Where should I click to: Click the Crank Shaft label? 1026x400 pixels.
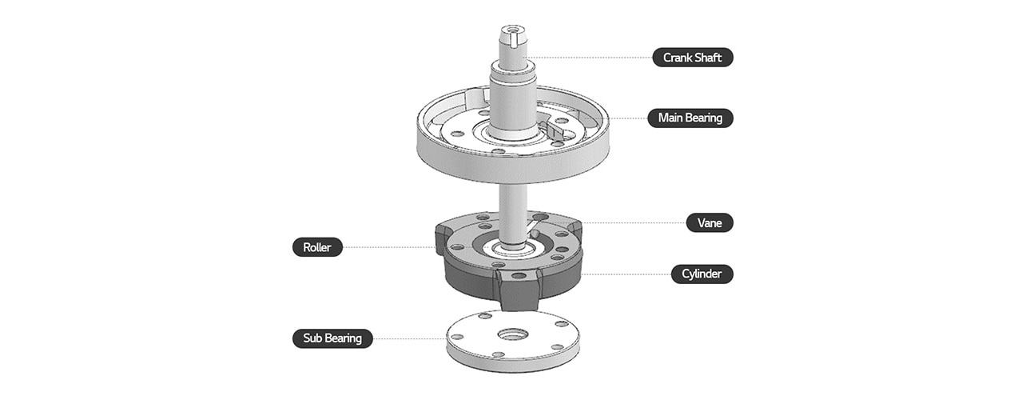pyautogui.click(x=692, y=58)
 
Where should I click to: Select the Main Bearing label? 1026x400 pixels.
pyautogui.click(x=690, y=118)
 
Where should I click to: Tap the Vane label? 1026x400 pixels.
pyautogui.click(x=710, y=222)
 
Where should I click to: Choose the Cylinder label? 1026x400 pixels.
pyautogui.click(x=702, y=274)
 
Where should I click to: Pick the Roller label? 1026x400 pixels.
pyautogui.click(x=317, y=247)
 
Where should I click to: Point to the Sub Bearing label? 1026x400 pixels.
pyautogui.click(x=332, y=338)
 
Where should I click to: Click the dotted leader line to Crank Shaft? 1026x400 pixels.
pyautogui.click(x=591, y=58)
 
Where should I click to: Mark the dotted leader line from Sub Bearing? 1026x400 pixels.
pyautogui.click(x=408, y=338)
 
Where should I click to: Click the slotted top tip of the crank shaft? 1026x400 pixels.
pyautogui.click(x=511, y=36)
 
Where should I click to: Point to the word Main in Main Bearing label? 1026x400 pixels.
pyautogui.click(x=672, y=118)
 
